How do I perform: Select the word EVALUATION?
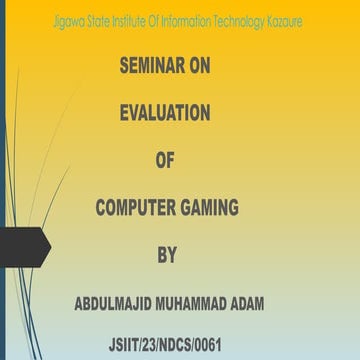click(x=165, y=114)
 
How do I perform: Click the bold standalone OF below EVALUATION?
click(x=166, y=161)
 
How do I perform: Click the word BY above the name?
click(x=166, y=255)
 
